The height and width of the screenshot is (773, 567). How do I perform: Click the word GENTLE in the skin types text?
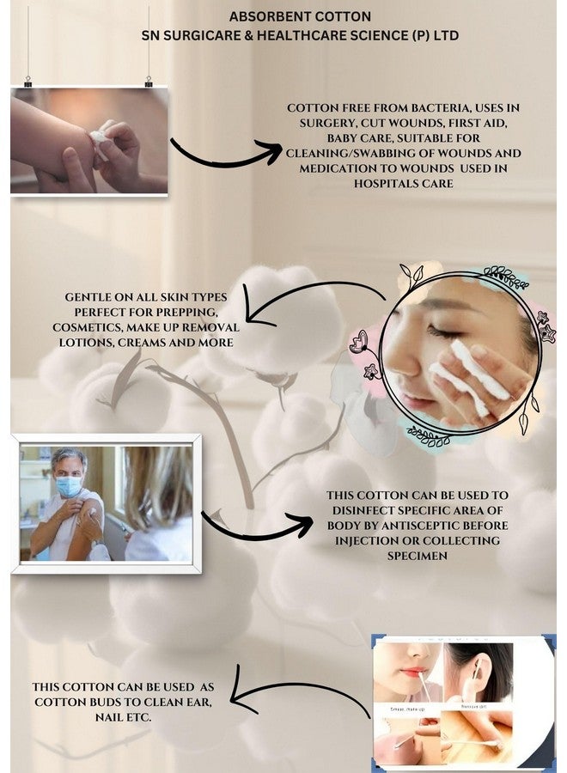pyautogui.click(x=92, y=297)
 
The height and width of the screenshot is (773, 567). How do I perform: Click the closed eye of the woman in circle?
pyautogui.click(x=444, y=331)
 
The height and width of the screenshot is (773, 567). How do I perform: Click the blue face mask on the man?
pyautogui.click(x=69, y=485)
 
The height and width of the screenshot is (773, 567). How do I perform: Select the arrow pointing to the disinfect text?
pyautogui.click(x=258, y=524)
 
